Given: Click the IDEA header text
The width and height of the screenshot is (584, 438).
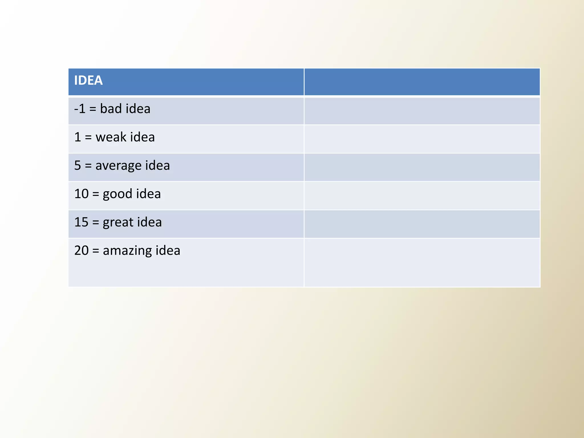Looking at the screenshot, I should coord(88,80).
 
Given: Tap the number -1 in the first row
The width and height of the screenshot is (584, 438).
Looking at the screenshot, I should coord(80,109).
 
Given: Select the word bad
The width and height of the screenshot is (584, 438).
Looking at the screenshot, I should coord(111,109).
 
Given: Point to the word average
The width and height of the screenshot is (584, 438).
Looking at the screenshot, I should coord(118,166).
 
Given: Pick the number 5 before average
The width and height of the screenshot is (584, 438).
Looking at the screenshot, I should coord(78,166).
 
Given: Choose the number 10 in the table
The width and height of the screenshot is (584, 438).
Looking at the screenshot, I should coord(81,194).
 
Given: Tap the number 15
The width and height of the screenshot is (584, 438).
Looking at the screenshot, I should coord(81,222).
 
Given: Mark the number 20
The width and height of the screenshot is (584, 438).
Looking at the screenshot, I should coord(81,250).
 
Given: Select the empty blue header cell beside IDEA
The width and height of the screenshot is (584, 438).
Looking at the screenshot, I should coord(422,82).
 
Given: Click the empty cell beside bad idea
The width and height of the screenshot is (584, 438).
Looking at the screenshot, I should coord(422,111).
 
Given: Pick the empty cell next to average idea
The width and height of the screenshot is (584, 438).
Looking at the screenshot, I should coord(422,167).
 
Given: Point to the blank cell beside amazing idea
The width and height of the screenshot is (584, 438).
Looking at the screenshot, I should coord(422,262).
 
